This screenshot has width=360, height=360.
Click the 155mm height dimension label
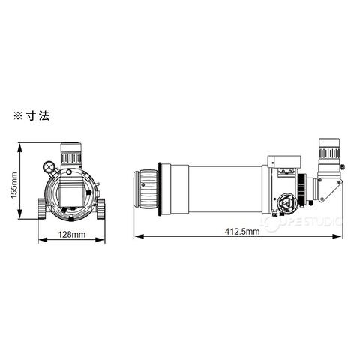(14, 185)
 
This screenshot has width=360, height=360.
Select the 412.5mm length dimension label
(242, 232)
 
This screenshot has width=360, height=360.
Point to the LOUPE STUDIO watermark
(301, 221)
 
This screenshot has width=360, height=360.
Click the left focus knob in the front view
(42, 208)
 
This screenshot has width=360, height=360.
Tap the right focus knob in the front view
(101, 208)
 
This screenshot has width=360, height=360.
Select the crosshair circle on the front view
(49, 166)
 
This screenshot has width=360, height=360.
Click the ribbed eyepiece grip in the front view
(71, 158)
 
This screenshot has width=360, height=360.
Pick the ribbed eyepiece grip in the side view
(329, 152)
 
